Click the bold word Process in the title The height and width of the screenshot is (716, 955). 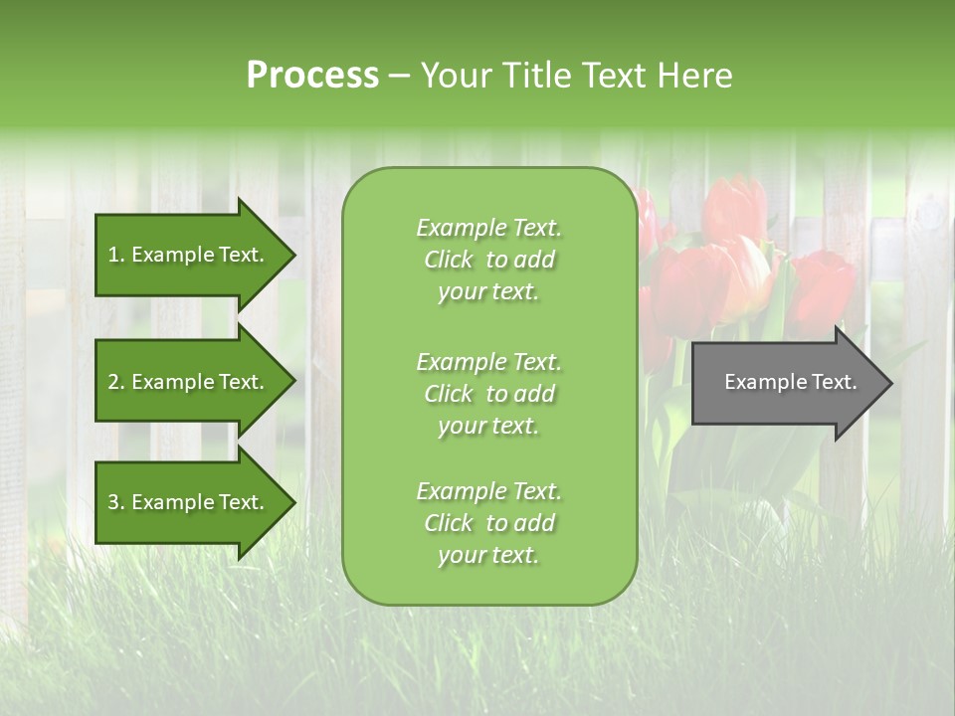click(312, 75)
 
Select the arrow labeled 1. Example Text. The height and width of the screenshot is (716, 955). click(189, 255)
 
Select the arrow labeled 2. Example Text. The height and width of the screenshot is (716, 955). click(189, 382)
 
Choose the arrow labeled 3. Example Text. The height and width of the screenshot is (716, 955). click(189, 502)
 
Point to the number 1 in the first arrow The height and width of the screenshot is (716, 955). click(113, 255)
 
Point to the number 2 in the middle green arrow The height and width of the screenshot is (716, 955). click(113, 382)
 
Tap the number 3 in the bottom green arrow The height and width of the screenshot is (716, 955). click(113, 502)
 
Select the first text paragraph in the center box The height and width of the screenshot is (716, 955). click(488, 260)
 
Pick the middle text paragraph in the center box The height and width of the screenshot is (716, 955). click(488, 394)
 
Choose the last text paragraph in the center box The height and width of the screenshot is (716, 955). click(488, 523)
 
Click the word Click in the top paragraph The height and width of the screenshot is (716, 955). click(449, 260)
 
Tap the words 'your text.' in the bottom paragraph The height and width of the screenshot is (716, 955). click(488, 556)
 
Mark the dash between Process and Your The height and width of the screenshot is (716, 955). click(399, 76)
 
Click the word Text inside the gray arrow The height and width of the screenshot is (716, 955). click(833, 382)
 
